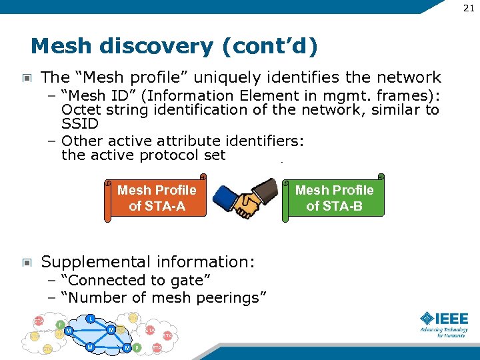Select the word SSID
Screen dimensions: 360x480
click(x=80, y=124)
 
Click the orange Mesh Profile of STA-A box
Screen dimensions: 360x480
click(x=157, y=198)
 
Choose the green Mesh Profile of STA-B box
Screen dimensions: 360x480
click(x=335, y=198)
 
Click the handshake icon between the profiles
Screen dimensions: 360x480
click(x=247, y=198)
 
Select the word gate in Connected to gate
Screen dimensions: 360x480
click(x=189, y=281)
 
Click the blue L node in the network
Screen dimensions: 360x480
click(x=91, y=318)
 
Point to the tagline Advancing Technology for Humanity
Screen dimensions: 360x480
click(x=444, y=333)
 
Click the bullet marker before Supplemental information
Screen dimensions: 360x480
click(x=27, y=263)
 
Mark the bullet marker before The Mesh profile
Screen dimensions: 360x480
click(x=27, y=78)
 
